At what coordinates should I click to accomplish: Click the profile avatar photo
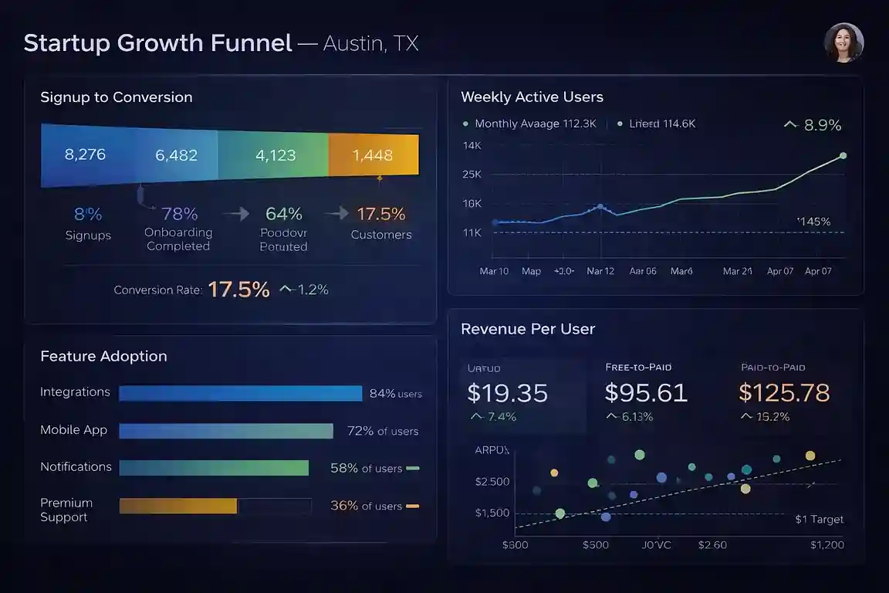843,42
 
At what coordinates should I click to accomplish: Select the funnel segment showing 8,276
85,154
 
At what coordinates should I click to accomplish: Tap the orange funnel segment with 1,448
373,155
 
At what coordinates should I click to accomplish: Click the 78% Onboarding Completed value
179,214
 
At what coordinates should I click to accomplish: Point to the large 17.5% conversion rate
239,290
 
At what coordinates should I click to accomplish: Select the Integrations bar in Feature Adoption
241,394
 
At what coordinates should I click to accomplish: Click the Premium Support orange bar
178,506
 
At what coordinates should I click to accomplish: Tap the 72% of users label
383,431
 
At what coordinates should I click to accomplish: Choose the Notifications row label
76,466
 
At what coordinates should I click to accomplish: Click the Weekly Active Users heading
532,97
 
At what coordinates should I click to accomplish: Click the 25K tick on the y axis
472,175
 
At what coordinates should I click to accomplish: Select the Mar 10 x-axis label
494,271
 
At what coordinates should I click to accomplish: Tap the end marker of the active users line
843,155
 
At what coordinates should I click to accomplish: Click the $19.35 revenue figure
508,393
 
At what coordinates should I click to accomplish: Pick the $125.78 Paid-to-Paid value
784,393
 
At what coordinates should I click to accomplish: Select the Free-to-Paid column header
638,368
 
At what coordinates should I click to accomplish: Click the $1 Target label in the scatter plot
819,519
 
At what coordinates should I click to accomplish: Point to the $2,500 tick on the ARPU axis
492,482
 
